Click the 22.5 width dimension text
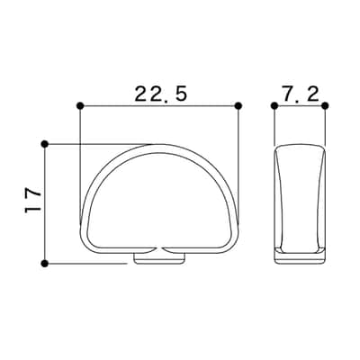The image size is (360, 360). pyautogui.click(x=161, y=94)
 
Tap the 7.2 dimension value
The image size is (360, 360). pyautogui.click(x=301, y=94)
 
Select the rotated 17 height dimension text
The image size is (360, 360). pyautogui.click(x=32, y=201)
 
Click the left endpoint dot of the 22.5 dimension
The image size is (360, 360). pyautogui.click(x=80, y=105)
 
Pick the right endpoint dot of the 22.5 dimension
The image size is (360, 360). pyautogui.click(x=238, y=105)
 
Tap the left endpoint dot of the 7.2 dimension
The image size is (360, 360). pyautogui.click(x=274, y=105)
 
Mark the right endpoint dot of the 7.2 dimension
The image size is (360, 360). pyautogui.click(x=326, y=105)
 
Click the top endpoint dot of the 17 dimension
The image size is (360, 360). pyautogui.click(x=45, y=144)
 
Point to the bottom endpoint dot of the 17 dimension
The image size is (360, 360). pyautogui.click(x=45, y=264)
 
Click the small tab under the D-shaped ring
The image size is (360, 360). pyautogui.click(x=159, y=258)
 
